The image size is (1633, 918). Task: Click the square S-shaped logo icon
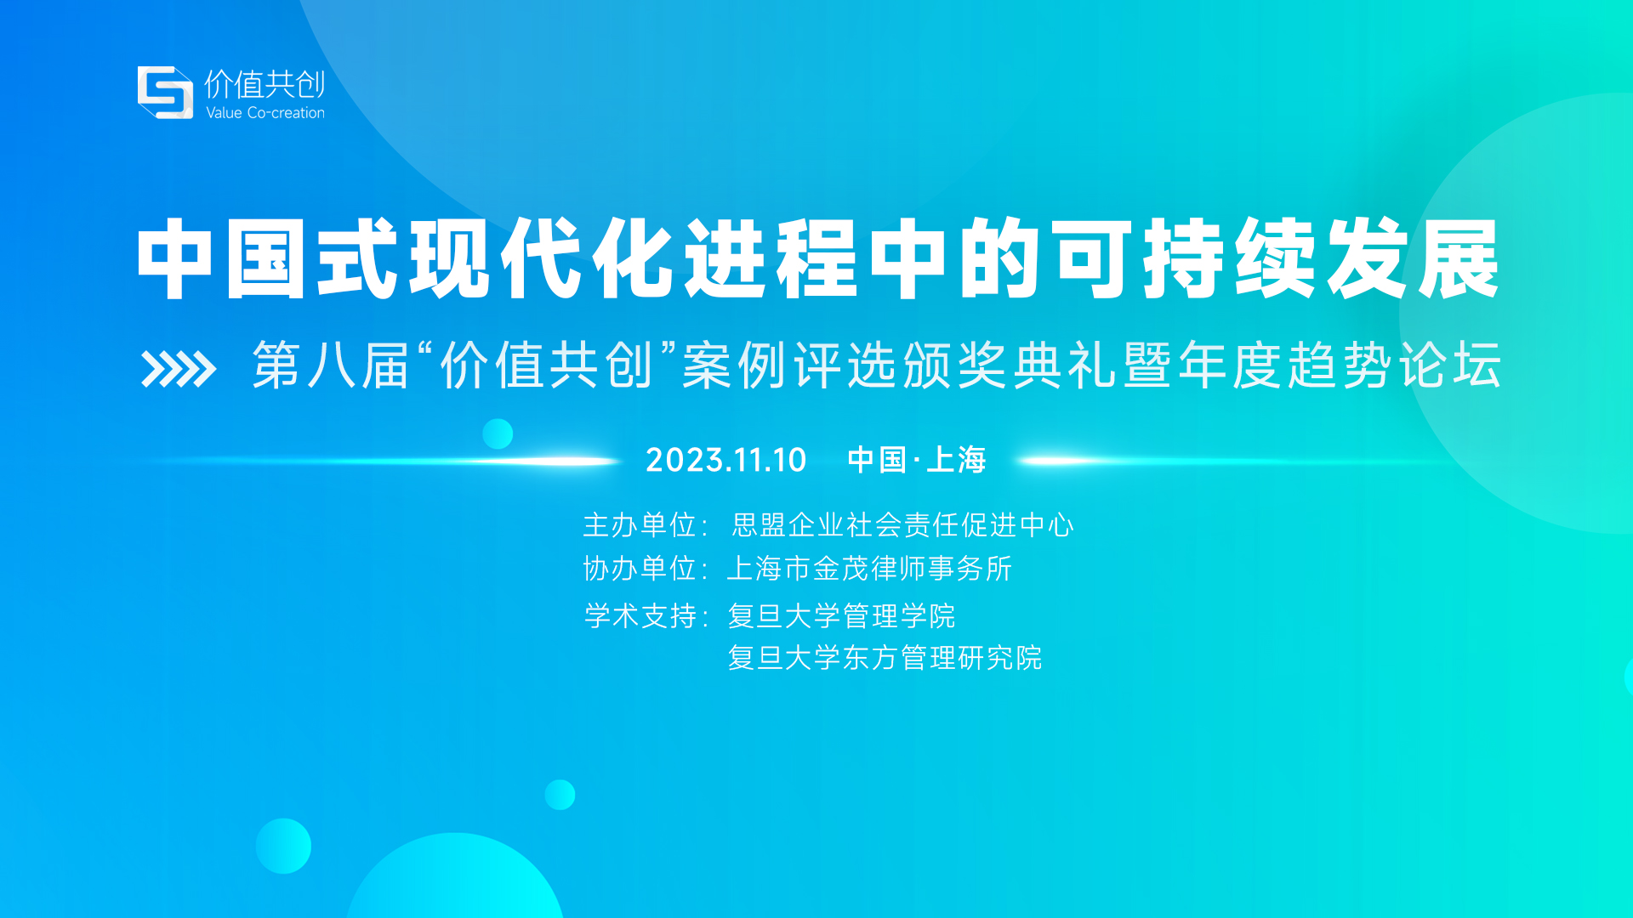point(165,92)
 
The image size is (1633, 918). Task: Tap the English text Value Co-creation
point(265,112)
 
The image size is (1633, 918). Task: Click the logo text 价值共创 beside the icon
point(265,83)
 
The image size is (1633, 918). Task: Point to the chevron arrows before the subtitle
point(179,369)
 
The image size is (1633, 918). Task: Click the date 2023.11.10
point(725,460)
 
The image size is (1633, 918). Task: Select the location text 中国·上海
point(917,460)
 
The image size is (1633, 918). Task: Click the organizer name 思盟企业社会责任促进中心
point(902,525)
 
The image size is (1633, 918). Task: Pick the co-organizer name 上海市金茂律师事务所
point(869,569)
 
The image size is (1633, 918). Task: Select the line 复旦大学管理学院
point(841,615)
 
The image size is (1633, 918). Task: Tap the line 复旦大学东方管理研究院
point(885,657)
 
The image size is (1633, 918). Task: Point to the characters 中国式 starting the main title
point(267,258)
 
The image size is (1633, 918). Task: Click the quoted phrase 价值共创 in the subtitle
point(546,365)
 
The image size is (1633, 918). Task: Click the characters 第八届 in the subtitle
point(331,365)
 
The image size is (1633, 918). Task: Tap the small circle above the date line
point(498,433)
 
